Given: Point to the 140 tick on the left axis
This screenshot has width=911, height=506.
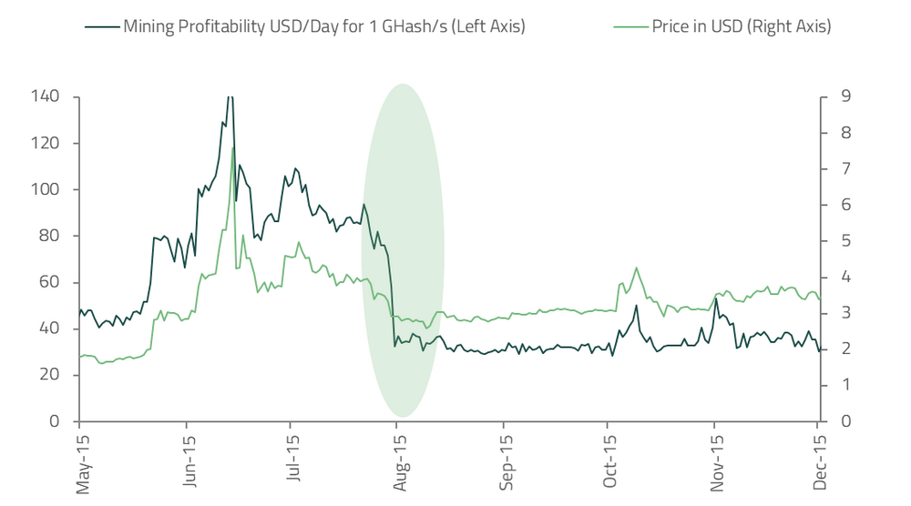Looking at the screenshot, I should pos(46,96).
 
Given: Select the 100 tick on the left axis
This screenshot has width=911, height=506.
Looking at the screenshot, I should pos(46,189).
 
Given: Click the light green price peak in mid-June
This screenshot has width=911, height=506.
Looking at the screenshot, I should pos(233,147).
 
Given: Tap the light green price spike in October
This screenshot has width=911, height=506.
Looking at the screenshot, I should pos(636,268).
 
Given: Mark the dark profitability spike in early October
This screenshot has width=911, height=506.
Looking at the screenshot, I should pos(636,305).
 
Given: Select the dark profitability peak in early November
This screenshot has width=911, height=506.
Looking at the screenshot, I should pos(717,299).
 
